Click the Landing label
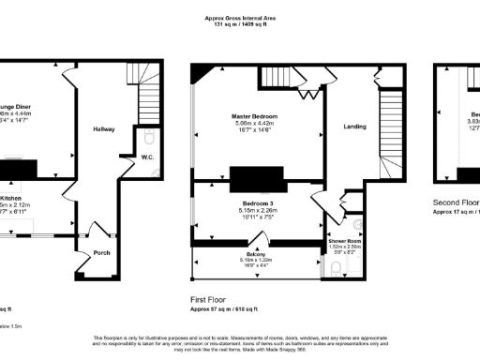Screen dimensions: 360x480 pos(355,127)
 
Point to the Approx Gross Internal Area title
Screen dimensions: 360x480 pos(239,16)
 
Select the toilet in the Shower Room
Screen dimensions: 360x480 pos(337,270)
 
